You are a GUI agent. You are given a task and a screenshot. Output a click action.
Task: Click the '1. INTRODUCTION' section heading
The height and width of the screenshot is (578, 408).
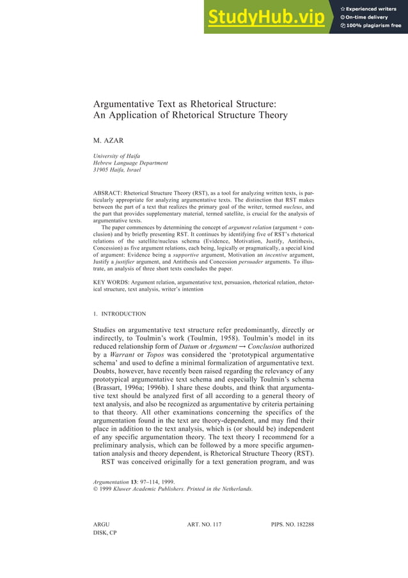coord(120,314)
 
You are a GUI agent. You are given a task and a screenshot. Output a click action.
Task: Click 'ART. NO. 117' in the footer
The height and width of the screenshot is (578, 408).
coord(204,525)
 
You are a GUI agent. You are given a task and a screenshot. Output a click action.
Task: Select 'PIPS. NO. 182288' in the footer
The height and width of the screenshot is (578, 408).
coord(292,525)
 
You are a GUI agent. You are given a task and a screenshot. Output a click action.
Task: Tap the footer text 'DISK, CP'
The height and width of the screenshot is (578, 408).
coord(105,533)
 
